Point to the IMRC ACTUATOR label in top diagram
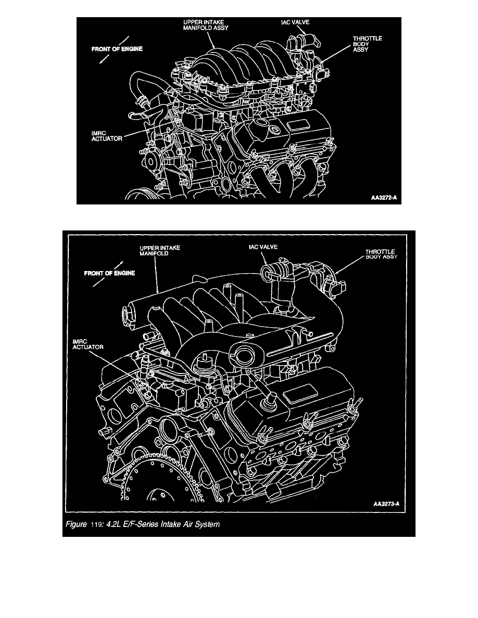(102, 136)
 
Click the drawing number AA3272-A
(384, 198)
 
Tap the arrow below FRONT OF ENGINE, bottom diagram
(99, 282)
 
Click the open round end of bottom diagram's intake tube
(126, 316)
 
